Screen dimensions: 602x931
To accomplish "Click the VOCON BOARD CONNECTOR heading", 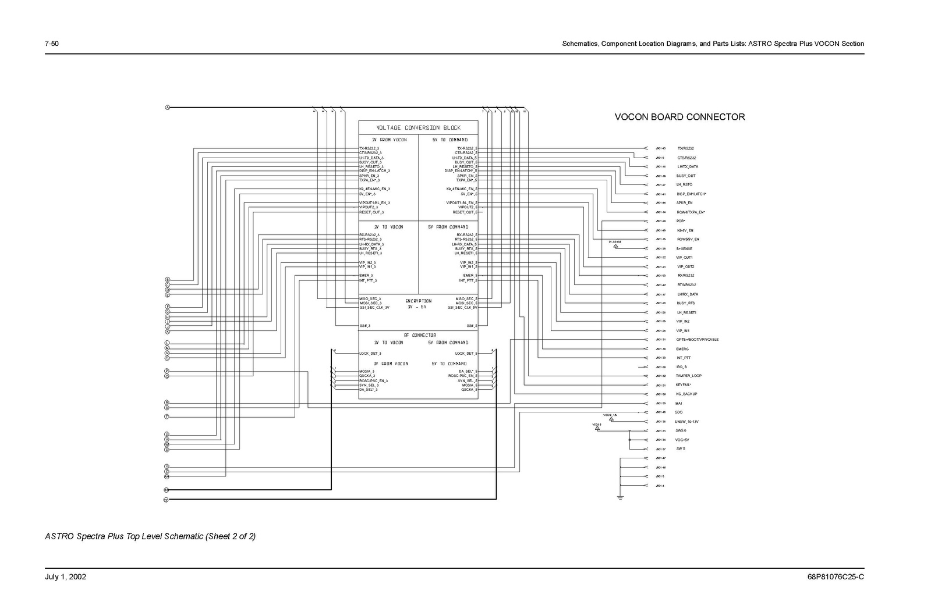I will click(679, 117).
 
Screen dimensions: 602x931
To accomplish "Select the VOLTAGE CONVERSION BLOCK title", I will click(418, 128).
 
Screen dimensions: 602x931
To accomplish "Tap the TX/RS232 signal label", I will click(685, 148).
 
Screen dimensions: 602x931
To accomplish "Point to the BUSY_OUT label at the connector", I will click(685, 176).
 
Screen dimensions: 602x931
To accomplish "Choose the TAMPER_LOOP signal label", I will click(688, 376).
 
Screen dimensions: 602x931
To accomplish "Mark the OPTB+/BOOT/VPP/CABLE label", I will click(697, 340).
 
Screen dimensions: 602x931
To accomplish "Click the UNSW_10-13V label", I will click(686, 422).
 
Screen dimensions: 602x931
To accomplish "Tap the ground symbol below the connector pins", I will click(620, 498).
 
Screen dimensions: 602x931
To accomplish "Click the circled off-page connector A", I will click(167, 108).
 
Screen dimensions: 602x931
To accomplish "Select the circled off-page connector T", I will click(167, 417).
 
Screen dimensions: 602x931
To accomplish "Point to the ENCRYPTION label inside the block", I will click(418, 301).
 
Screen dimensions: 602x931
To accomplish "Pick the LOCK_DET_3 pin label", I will click(370, 354).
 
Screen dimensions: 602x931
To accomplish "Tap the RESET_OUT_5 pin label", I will click(465, 212).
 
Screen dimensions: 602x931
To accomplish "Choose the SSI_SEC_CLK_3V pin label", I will click(374, 308).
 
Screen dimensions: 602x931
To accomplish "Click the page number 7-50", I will click(52, 44).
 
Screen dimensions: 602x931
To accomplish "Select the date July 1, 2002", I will click(66, 578).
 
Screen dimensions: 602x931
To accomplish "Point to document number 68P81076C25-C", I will click(836, 578).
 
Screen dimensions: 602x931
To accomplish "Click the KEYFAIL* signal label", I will click(684, 385).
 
